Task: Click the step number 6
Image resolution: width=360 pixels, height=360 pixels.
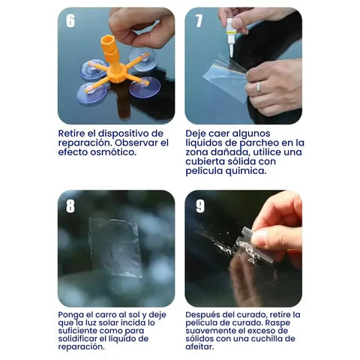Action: pos(70,21)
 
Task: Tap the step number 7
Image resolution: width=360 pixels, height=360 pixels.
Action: pos(199,21)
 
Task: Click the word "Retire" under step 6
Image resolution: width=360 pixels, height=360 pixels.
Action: pos(73,133)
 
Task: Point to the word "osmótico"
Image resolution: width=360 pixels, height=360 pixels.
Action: pos(112,152)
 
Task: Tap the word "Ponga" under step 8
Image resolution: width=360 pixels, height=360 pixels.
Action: pos(73,315)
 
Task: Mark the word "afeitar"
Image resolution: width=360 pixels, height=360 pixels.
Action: pos(202,346)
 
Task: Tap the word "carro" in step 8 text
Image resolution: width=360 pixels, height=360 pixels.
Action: pos(109,315)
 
